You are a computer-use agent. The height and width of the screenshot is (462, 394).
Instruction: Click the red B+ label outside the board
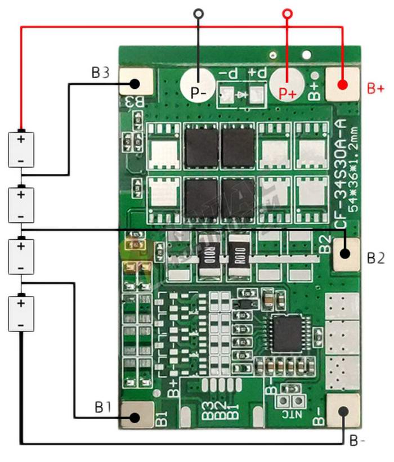(x=375, y=88)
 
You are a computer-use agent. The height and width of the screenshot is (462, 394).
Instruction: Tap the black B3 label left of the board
(x=100, y=73)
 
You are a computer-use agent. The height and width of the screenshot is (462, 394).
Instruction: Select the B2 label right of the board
(x=375, y=258)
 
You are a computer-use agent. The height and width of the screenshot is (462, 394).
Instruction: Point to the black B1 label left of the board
(x=102, y=406)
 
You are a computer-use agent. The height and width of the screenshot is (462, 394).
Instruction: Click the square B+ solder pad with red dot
(x=342, y=84)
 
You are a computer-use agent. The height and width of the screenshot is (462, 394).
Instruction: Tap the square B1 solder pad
(x=136, y=416)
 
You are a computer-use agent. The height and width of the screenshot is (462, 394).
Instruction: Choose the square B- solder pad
(x=343, y=410)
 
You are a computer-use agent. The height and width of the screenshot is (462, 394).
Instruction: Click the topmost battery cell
(x=21, y=149)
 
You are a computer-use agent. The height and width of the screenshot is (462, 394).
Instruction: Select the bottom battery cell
(x=21, y=313)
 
